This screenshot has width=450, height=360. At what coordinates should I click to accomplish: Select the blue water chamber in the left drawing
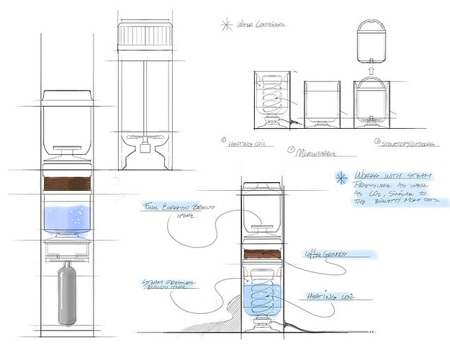[67, 217]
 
